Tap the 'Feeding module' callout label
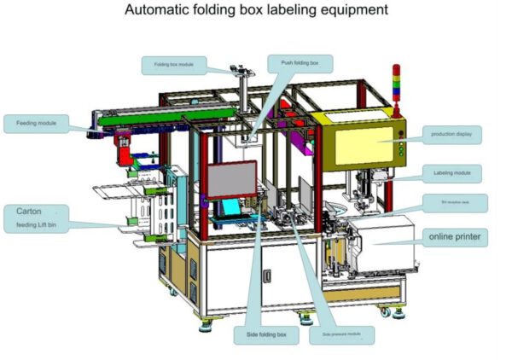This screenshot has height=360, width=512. tap(37, 124)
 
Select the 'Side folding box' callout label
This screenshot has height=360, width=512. tap(266, 335)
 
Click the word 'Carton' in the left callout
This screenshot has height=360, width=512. tap(29, 211)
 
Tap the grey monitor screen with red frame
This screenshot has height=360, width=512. tap(232, 182)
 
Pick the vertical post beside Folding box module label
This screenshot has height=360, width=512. tap(244, 94)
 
